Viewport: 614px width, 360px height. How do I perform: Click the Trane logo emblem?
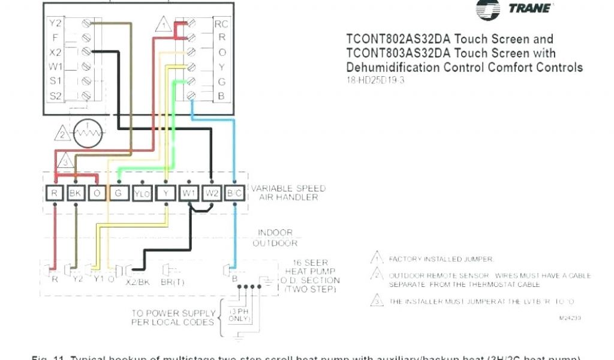[x=488, y=9]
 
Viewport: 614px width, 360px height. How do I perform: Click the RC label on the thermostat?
[x=221, y=25]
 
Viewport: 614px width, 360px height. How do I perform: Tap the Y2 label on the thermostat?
[x=55, y=24]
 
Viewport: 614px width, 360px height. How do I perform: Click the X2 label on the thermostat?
[x=55, y=52]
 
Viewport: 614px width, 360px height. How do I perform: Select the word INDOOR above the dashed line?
[x=275, y=233]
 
